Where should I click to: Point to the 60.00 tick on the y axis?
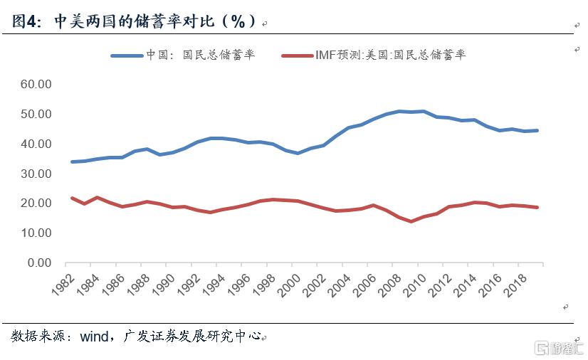click(36, 84)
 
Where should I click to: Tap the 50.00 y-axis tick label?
click(36, 114)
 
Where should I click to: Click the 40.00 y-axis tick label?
click(36, 144)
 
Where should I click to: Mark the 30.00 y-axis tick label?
click(36, 174)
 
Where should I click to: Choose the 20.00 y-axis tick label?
click(36, 203)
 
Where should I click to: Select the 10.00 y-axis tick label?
click(36, 233)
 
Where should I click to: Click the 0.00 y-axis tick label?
click(39, 263)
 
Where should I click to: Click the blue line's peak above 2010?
click(423, 111)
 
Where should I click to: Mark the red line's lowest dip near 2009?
click(411, 221)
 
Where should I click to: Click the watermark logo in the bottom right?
click(560, 348)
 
